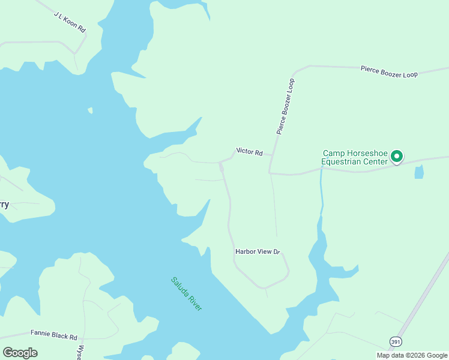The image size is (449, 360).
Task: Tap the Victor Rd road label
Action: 250,152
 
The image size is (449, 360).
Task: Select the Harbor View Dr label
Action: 258,252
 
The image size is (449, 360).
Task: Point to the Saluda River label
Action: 187,293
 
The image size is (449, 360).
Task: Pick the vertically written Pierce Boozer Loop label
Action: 286,106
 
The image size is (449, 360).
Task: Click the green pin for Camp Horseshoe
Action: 396,156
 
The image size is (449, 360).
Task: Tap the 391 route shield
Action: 395,341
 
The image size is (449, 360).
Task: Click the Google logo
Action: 20,352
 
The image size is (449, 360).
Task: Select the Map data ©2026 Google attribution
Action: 412,355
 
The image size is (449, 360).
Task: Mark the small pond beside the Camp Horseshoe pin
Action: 418,172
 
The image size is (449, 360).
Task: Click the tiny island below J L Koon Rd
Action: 90,110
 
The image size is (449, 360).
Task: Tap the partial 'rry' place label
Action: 4,204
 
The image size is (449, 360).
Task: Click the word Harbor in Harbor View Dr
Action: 246,252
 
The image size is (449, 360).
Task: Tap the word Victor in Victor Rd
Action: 246,152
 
